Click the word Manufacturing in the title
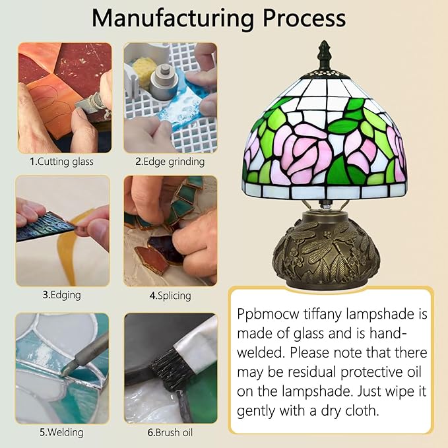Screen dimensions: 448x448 click(173, 19)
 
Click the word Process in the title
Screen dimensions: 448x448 click(304, 18)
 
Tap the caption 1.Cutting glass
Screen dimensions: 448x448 click(62, 162)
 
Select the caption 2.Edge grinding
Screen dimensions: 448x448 click(170, 162)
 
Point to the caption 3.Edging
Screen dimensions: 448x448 click(62, 295)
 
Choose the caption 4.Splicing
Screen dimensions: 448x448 click(170, 296)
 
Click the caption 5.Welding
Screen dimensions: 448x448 click(62, 432)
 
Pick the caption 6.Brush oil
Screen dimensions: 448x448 click(170, 432)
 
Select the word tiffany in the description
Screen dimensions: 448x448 click(322, 314)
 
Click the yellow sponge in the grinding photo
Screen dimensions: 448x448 click(145, 69)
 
